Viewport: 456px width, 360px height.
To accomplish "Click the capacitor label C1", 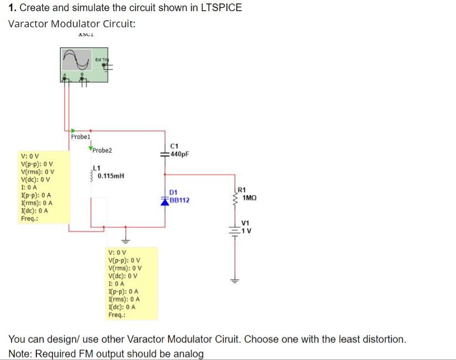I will [174, 146].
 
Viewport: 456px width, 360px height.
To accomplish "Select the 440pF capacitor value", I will [180, 154].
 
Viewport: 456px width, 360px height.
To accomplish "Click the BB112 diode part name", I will [180, 200].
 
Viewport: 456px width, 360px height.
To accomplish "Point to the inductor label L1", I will [96, 168].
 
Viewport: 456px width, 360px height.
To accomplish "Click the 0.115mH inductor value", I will [111, 176].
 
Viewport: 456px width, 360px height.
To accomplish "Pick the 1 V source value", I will [247, 230].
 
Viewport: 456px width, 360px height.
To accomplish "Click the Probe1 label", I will [80, 136].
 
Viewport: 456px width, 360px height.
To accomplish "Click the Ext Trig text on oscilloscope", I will [101, 59].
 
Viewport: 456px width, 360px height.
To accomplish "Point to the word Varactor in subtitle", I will [29, 24].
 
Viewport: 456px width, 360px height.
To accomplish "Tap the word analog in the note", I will [189, 353].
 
